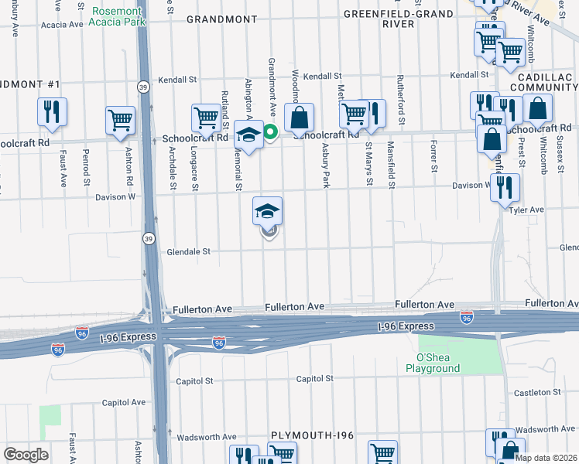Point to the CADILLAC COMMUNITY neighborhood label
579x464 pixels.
click(541, 81)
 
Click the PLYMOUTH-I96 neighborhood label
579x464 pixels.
click(312, 436)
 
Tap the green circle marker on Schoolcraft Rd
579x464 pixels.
click(271, 131)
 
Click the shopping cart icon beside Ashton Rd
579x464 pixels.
click(121, 120)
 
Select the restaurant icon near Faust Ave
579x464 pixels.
click(52, 111)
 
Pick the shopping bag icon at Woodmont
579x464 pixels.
click(299, 118)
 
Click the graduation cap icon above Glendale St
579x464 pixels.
click(267, 210)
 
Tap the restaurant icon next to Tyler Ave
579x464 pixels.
click(505, 187)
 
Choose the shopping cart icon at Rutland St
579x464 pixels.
click(206, 118)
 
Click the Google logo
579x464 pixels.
click(26, 455)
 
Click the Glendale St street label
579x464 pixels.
click(189, 251)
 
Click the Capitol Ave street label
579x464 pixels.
click(125, 402)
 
